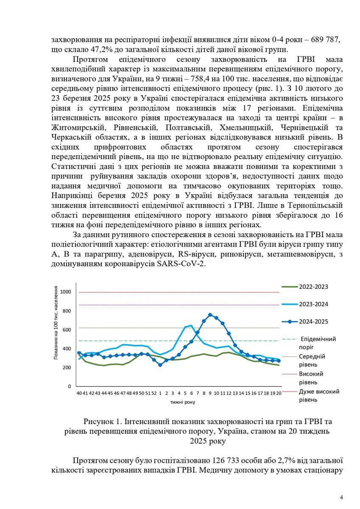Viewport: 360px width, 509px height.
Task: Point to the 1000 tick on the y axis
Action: point(66,292)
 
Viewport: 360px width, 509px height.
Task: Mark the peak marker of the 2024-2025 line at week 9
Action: point(210,315)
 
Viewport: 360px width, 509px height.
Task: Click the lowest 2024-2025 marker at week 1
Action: point(160,365)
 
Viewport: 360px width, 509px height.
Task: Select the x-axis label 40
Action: point(79,393)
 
